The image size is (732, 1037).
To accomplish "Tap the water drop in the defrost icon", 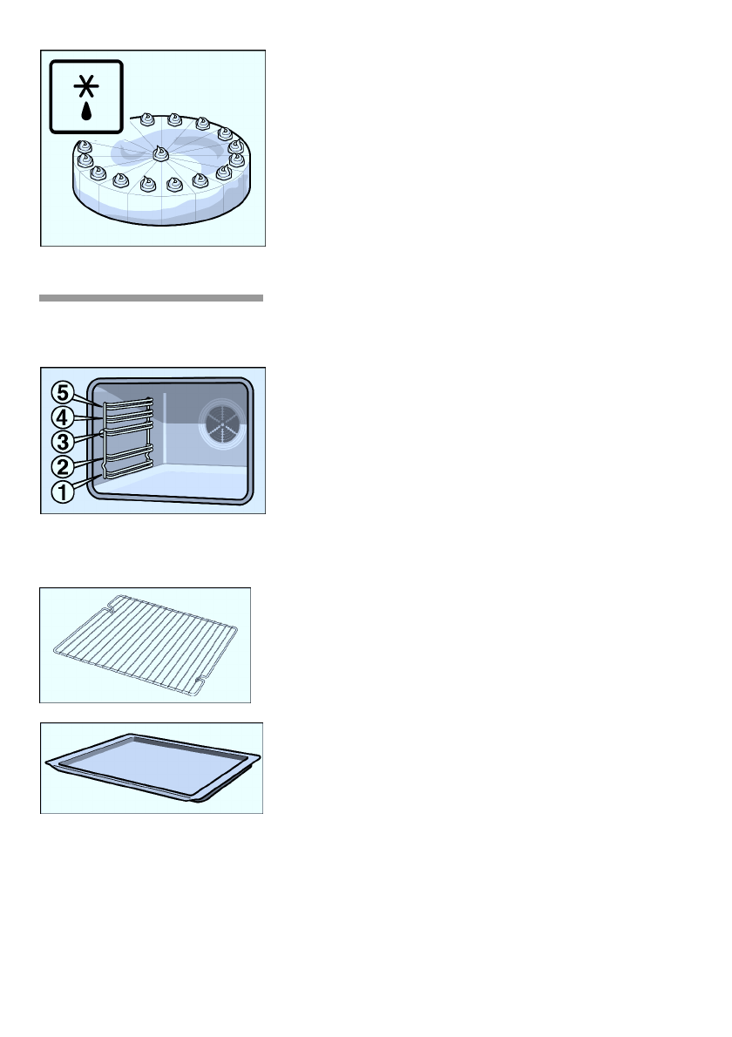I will (x=86, y=112).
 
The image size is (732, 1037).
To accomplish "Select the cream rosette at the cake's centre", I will (x=160, y=153).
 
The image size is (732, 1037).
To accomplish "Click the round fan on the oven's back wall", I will (x=222, y=425).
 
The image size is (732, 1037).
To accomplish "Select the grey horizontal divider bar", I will (x=151, y=298).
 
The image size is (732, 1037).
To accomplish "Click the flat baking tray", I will (x=152, y=767).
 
